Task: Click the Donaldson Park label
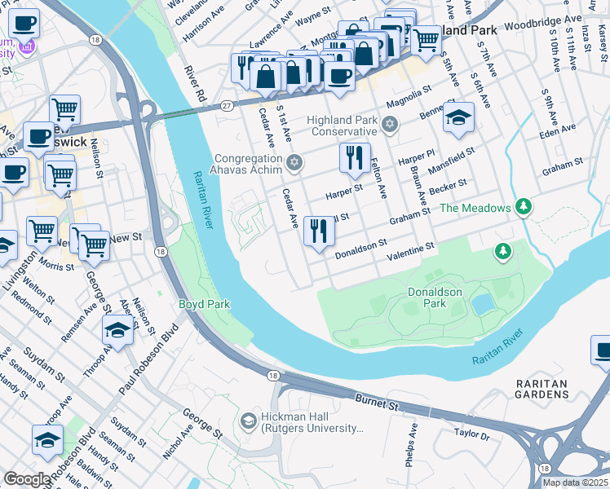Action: [x=435, y=297]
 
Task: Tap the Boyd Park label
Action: [x=205, y=304]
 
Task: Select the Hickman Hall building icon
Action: [x=249, y=421]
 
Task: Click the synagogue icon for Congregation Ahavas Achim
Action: [x=294, y=164]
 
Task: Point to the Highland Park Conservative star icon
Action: [x=390, y=125]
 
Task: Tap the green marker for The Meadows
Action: [x=523, y=208]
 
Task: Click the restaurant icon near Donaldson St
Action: [x=318, y=231]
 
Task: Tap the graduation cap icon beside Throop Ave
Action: [x=118, y=331]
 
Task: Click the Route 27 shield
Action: [x=227, y=104]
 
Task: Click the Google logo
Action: [x=27, y=478]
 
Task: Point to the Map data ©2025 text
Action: [x=575, y=482]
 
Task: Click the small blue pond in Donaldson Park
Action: [x=483, y=305]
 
